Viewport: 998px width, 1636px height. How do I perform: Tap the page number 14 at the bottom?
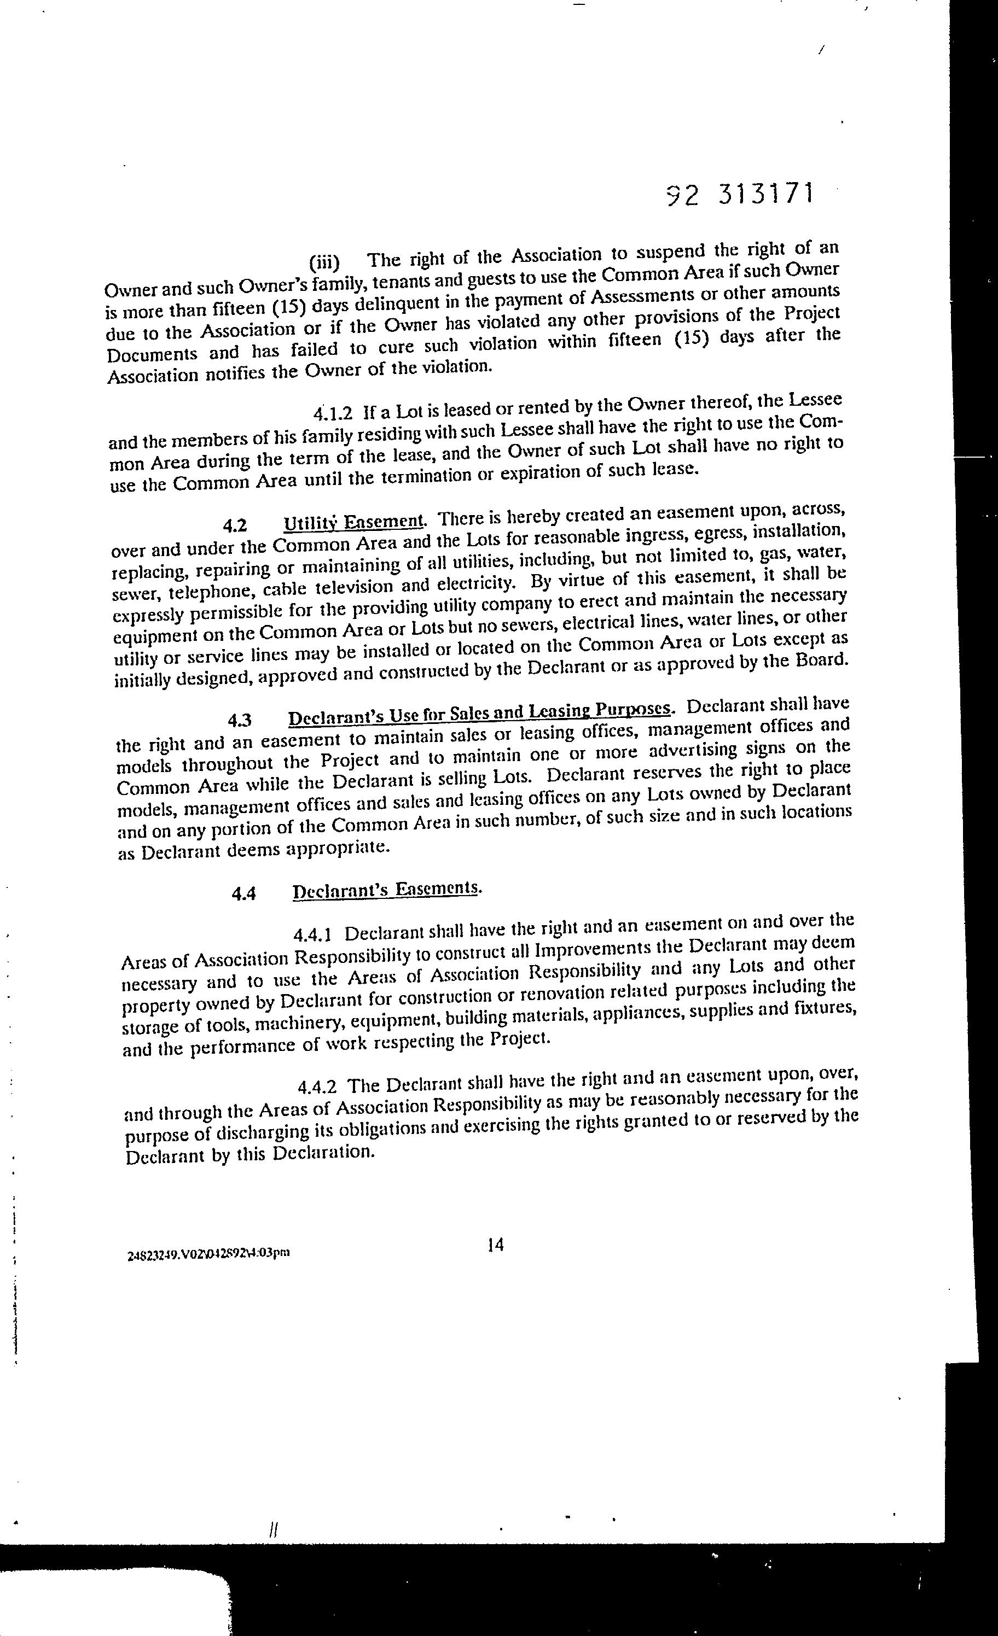pos(495,1244)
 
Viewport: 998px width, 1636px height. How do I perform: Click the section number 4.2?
pos(235,526)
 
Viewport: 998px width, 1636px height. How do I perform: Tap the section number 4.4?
pos(244,893)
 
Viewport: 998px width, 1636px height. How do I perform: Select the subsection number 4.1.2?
pos(332,413)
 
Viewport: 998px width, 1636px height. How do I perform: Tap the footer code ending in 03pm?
pos(208,1254)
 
